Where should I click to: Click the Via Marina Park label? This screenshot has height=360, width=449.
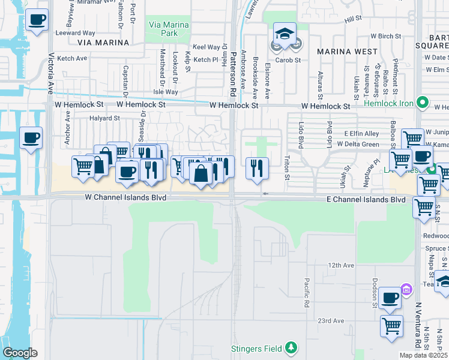(164, 29)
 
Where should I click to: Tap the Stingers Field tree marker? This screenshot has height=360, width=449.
(291, 347)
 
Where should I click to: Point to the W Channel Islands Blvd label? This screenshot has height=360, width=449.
(125, 197)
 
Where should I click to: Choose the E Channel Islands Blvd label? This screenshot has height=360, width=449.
(366, 199)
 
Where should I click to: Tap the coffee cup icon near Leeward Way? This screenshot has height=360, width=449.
(37, 20)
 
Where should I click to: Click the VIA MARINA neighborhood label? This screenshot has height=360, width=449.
(103, 43)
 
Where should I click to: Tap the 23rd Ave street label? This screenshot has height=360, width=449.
(331, 321)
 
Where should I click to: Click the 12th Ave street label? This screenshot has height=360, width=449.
(341, 265)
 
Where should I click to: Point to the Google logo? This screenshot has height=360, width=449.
(20, 353)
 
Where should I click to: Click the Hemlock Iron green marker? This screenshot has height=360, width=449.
(423, 103)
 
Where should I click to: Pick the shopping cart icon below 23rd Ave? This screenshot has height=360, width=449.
(391, 326)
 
